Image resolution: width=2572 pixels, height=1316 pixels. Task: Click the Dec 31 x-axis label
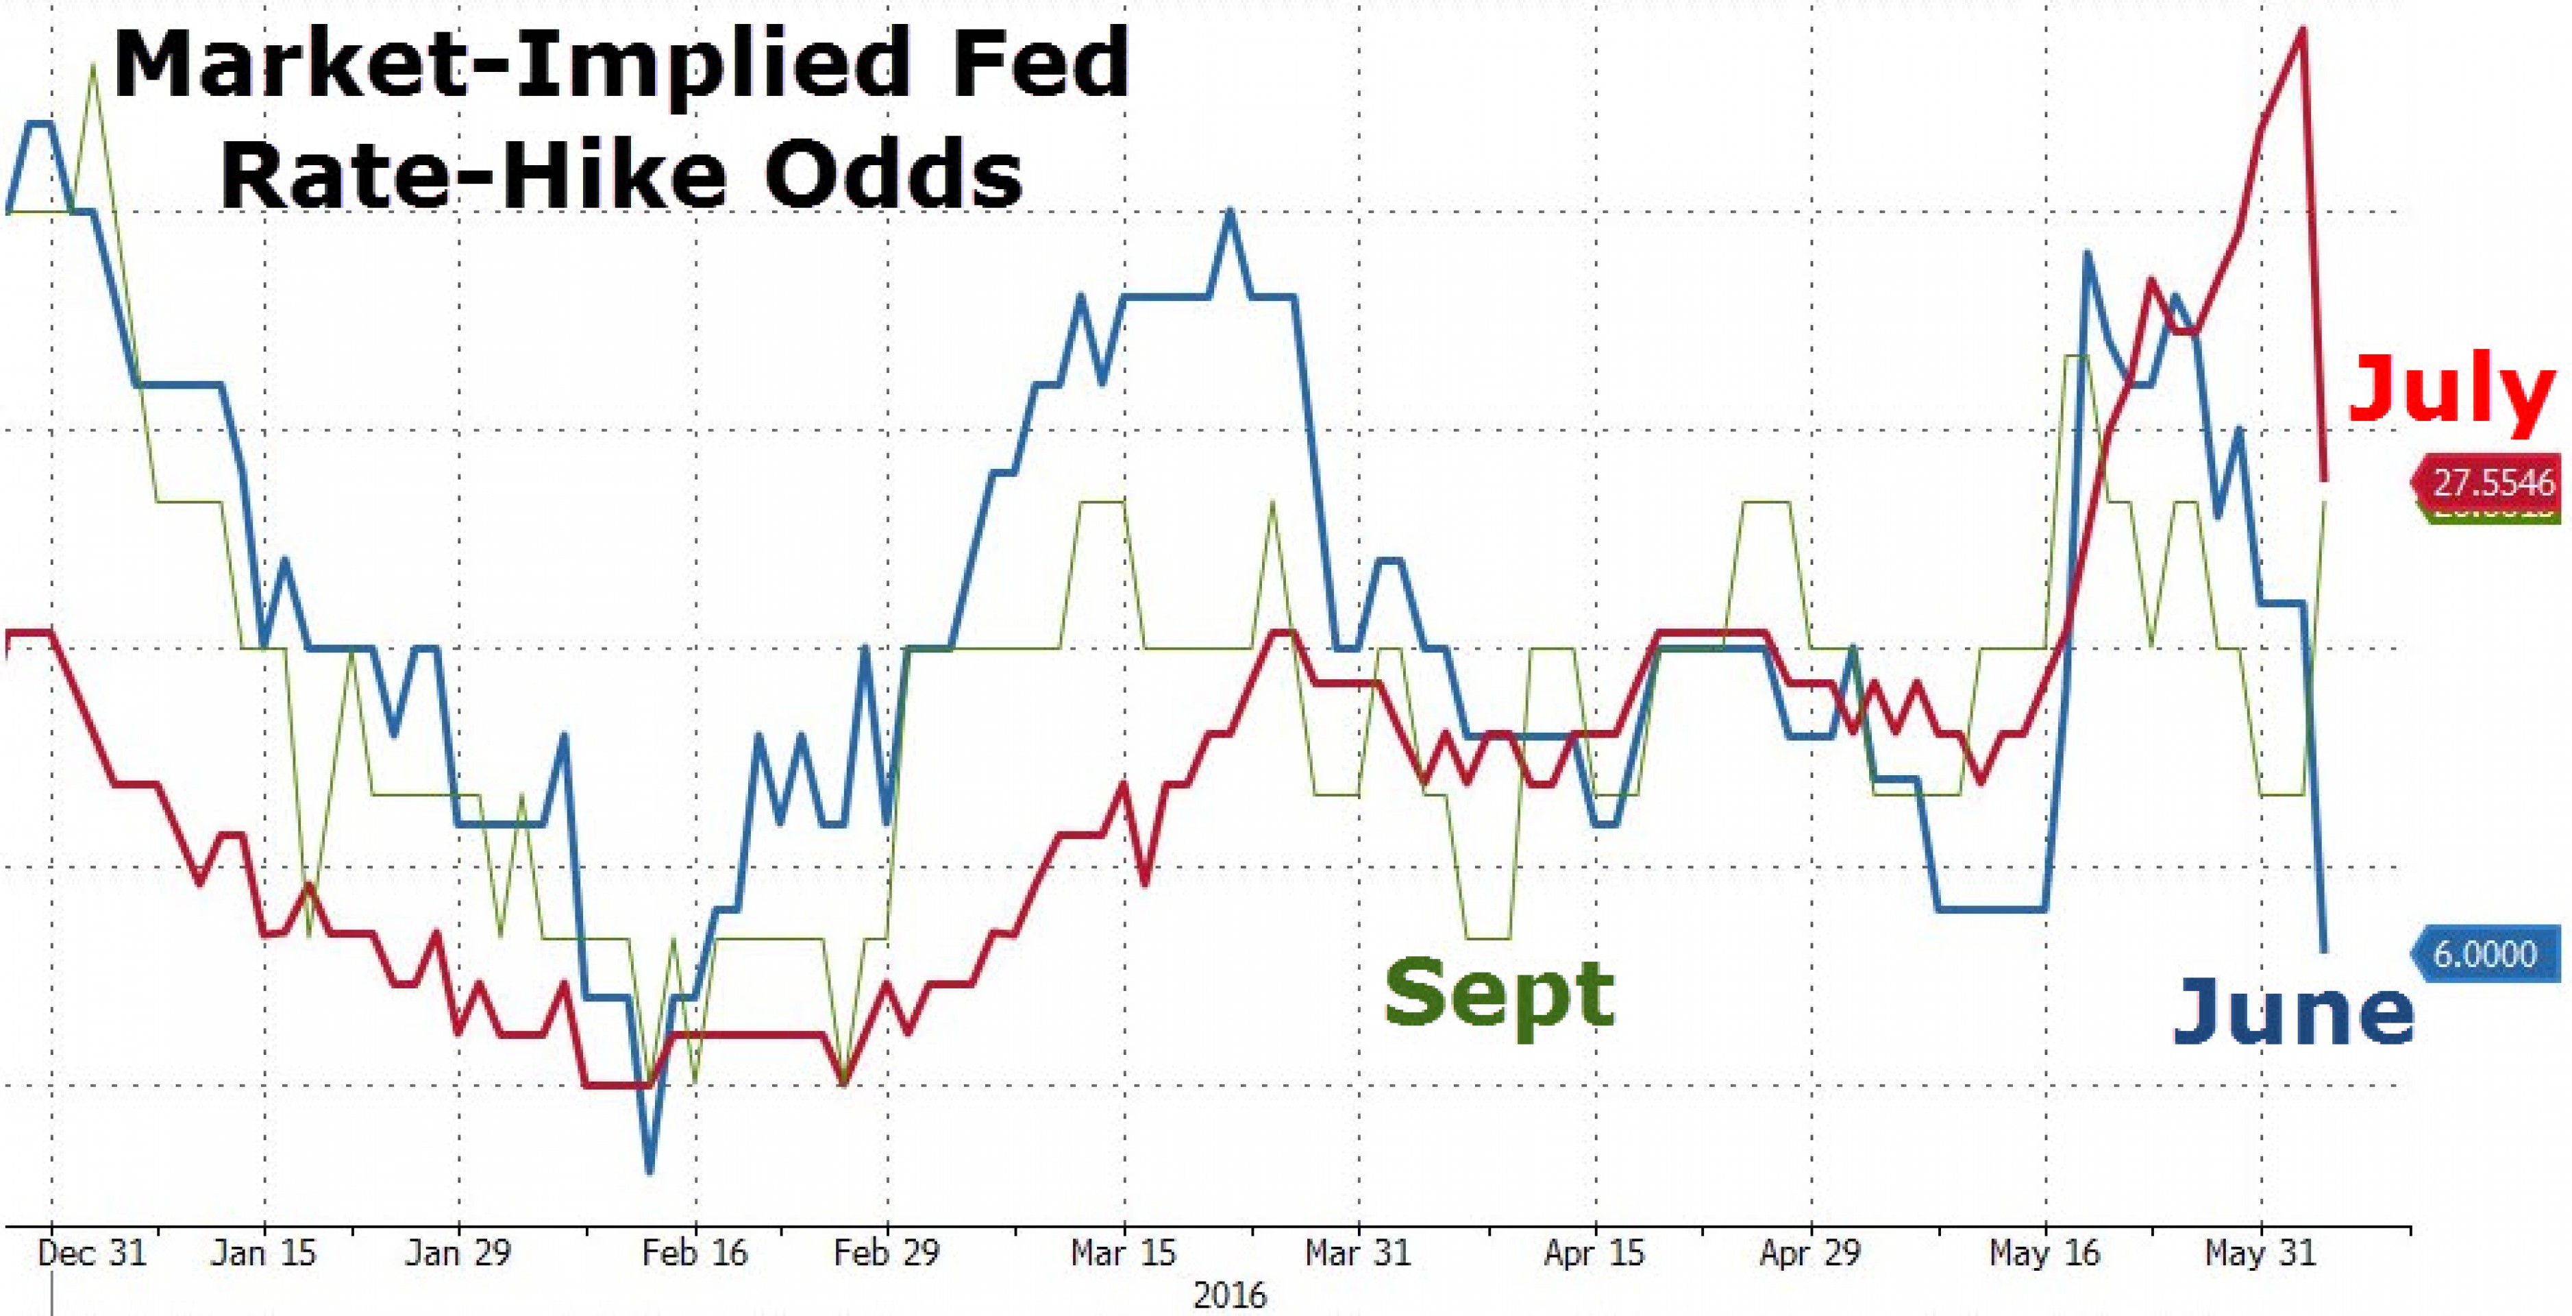point(92,1253)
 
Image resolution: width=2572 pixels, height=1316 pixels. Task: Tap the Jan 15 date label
point(264,1253)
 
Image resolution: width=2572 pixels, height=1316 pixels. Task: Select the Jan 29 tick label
point(458,1253)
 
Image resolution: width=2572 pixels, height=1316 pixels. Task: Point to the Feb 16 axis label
point(695,1253)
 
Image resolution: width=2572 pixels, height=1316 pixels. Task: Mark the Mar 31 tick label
point(1359,1253)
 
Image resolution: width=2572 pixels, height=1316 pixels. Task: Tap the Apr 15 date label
point(1594,1253)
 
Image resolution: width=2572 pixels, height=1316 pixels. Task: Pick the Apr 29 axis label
point(1810,1253)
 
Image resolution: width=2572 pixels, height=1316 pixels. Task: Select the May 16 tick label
point(2045,1253)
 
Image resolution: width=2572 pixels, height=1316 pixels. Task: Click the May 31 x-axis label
point(2260,1253)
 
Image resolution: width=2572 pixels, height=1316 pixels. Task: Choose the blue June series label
point(2292,1012)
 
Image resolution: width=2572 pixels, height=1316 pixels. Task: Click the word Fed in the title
point(1039,64)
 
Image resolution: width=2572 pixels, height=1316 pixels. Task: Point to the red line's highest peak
point(2303,30)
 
